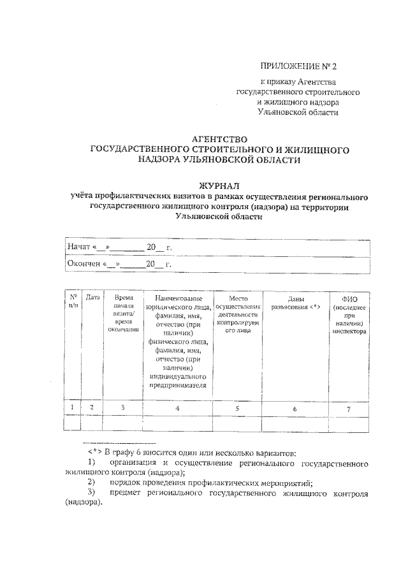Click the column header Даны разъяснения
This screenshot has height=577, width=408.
tap(295, 303)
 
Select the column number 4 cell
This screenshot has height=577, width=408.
tap(177, 408)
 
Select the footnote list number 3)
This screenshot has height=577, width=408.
tap(92, 492)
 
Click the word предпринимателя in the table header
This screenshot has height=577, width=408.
tap(178, 385)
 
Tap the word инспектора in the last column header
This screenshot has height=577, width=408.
tap(348, 332)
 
